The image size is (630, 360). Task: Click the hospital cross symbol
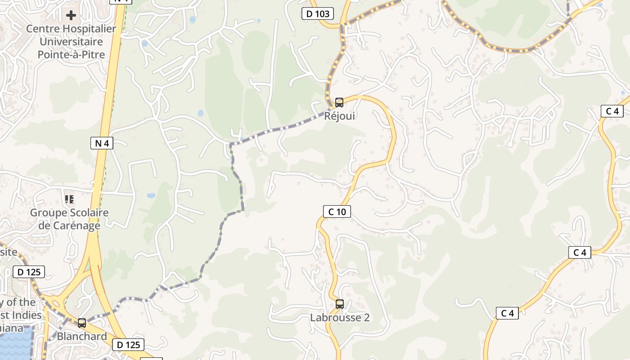pyautogui.click(x=71, y=16)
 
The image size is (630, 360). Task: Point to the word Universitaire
pyautogui.click(x=71, y=42)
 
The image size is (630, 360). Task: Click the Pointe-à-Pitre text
pyautogui.click(x=71, y=55)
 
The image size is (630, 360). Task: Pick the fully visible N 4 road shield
pyautogui.click(x=102, y=144)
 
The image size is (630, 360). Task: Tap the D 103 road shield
pyautogui.click(x=318, y=14)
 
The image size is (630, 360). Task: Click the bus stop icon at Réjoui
pyautogui.click(x=339, y=103)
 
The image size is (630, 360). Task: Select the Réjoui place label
pyautogui.click(x=340, y=116)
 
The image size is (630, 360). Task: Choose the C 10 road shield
pyautogui.click(x=337, y=211)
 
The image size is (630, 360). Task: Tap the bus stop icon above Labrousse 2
pyautogui.click(x=340, y=304)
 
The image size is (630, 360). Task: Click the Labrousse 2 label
pyautogui.click(x=340, y=318)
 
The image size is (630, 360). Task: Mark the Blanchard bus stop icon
pyautogui.click(x=82, y=323)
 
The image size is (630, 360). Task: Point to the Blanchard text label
pyautogui.click(x=82, y=337)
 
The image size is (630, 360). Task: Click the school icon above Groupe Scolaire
pyautogui.click(x=69, y=199)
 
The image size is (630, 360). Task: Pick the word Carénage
pyautogui.click(x=76, y=225)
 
